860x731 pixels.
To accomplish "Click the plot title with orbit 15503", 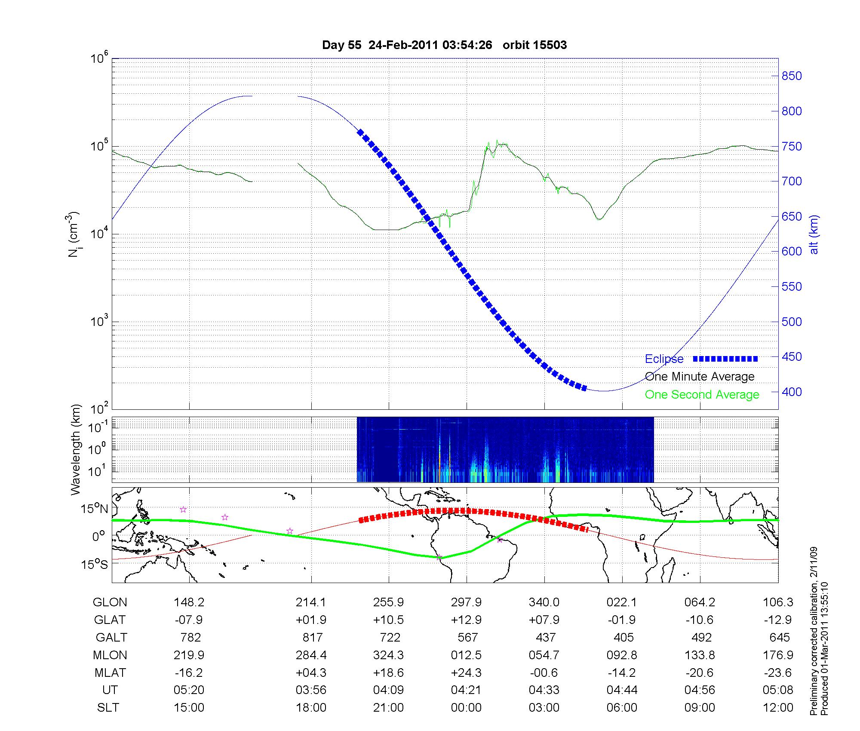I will tap(444, 45).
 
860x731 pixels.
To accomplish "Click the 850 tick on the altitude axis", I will tap(791, 76).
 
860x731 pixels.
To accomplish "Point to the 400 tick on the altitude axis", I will tap(791, 392).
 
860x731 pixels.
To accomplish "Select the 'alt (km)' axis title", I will tap(814, 235).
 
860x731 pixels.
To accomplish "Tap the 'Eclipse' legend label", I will tap(664, 359).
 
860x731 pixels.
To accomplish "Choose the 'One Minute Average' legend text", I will tap(700, 377).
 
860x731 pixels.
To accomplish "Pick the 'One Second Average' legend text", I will tap(702, 394).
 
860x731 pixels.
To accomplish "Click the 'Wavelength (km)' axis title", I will tap(76, 450).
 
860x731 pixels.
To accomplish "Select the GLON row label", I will tap(110, 602).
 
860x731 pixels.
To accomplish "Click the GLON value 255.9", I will tap(388, 602).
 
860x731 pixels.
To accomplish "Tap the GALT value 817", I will tap(312, 637).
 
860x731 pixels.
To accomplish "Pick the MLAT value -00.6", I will tap(544, 673).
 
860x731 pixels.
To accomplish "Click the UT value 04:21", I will tap(466, 690).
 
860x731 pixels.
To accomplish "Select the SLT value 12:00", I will tap(777, 708).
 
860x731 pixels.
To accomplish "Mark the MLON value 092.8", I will tap(622, 655).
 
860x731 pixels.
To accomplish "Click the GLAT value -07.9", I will tap(189, 620).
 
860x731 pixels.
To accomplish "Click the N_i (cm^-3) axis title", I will tap(74, 235).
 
